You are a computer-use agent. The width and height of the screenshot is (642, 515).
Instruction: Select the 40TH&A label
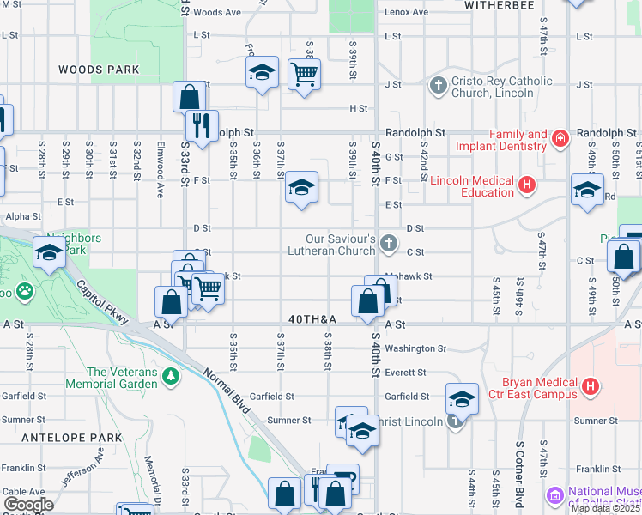tap(312, 319)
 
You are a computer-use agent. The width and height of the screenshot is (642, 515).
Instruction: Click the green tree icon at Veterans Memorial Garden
tap(171, 376)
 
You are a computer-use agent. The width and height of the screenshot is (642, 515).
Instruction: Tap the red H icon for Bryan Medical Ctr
tap(590, 388)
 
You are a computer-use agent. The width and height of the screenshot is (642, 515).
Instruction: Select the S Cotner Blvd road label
tap(520, 476)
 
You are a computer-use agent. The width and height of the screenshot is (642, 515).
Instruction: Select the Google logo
tap(28, 505)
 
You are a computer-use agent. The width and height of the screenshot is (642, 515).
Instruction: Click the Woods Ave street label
tap(217, 13)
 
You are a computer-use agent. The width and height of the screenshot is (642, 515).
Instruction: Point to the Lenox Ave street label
tap(406, 12)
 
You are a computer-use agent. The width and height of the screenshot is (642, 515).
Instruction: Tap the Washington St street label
tap(415, 349)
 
